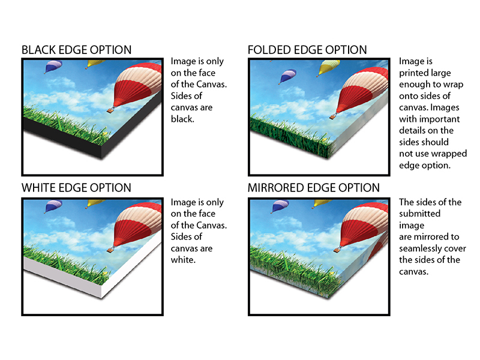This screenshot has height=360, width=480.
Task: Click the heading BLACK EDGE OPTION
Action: (x=77, y=50)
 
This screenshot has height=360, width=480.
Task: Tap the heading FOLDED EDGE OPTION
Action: (x=307, y=50)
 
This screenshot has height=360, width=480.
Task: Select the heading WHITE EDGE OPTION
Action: (x=76, y=188)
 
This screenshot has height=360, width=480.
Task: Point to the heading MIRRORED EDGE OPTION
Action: (x=313, y=188)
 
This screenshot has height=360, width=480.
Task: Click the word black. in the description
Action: (x=182, y=119)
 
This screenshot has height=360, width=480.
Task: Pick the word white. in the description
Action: (x=183, y=260)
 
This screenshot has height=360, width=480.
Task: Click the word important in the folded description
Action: (x=440, y=119)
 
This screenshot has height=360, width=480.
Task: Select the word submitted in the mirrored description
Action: (x=419, y=214)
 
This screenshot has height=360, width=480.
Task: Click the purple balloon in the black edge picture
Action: (x=53, y=67)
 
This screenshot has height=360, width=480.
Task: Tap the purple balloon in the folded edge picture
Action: (x=287, y=76)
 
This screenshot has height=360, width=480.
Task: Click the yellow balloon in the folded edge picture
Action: (x=328, y=68)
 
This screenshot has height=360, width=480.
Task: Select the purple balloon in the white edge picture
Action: (x=53, y=206)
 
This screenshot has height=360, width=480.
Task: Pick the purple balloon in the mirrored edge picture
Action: (x=280, y=206)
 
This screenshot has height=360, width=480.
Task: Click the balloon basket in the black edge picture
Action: (x=110, y=110)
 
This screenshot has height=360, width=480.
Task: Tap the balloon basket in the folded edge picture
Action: (x=333, y=116)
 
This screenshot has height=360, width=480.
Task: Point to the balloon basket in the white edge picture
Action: (x=110, y=250)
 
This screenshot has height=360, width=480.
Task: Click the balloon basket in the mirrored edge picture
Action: (x=337, y=250)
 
